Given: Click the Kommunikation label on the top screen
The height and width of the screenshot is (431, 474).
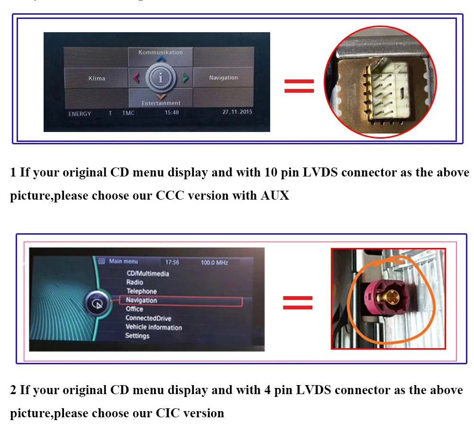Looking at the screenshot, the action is tap(160, 53).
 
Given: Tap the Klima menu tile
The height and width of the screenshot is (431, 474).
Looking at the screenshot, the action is tap(97, 78).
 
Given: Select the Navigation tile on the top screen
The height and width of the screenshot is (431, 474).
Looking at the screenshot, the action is tap(223, 78).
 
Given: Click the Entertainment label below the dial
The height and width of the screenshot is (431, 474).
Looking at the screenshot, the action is tap(161, 103).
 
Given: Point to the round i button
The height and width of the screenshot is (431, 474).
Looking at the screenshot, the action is tap(161, 79).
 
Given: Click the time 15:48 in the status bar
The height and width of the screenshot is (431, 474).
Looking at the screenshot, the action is tap(172, 113).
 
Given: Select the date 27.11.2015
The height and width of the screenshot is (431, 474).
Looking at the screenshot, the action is tap(237, 113).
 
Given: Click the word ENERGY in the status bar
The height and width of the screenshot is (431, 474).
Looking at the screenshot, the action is tap(80, 114).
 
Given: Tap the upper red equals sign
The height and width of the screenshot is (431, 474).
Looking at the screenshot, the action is tap(299, 86).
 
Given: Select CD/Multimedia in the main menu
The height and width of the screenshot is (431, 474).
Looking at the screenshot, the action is tap(147, 273).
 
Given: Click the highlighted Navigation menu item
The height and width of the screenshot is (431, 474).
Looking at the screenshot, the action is tap(141, 300).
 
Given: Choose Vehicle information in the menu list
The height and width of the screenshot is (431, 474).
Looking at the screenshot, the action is tap(154, 327).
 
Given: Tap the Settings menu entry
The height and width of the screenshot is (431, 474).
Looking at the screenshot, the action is tap(137, 336).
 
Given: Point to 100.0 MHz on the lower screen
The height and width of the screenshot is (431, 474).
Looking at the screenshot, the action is tap(214, 262).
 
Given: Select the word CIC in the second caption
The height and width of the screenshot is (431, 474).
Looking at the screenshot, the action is tap(168, 413).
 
